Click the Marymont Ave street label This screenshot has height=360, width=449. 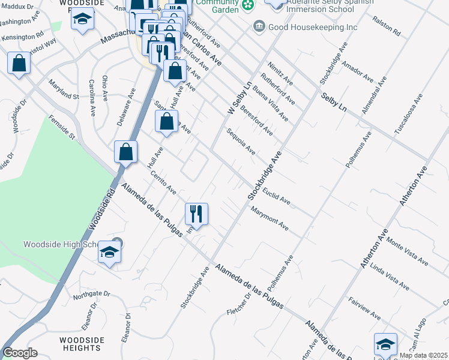tap(270, 219)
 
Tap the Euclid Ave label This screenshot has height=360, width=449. tap(277, 193)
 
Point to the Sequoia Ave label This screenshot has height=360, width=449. tap(241, 142)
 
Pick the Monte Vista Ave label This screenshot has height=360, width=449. tap(408, 251)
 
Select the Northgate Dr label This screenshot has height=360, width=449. tap(91, 294)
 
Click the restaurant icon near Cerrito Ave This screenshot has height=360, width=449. tap(196, 214)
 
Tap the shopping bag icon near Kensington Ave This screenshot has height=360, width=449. tap(19, 64)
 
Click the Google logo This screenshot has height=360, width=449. tap(20, 353)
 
